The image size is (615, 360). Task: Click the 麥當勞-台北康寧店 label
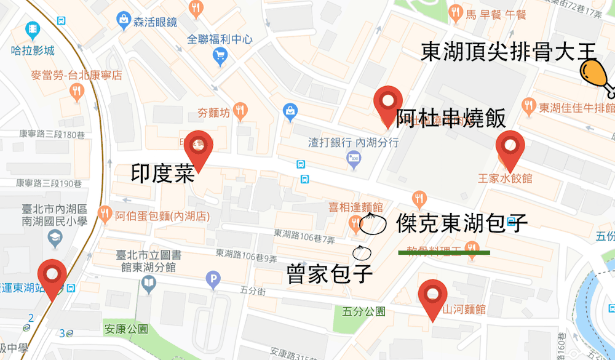pyautogui.click(x=77, y=76)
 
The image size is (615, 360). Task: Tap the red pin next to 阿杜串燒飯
pyautogui.click(x=388, y=105)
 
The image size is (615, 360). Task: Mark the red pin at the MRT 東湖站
pyautogui.click(x=52, y=278)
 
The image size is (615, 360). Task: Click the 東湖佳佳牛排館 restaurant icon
pyautogui.click(x=528, y=106)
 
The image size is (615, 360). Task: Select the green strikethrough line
pyautogui.click(x=443, y=252)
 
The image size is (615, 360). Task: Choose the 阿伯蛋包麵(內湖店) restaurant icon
pyautogui.click(x=105, y=214)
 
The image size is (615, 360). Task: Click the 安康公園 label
pyautogui.click(x=126, y=329)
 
